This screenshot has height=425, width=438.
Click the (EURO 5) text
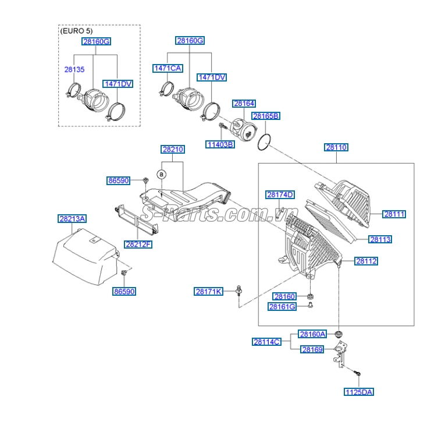(76, 30)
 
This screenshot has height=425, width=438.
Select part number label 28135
(74, 69)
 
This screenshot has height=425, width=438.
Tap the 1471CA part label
(168, 68)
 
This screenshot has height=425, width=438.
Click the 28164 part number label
(244, 104)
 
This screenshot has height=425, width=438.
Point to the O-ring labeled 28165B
(265, 141)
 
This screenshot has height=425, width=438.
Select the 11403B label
(220, 144)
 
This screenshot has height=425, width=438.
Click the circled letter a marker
(162, 173)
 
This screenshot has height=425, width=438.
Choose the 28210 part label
(173, 150)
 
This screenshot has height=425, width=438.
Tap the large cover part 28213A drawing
(84, 256)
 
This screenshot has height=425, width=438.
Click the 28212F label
(138, 244)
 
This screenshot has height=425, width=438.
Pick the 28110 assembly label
(336, 147)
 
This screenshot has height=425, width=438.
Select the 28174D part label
(280, 194)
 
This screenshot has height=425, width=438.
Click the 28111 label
(394, 214)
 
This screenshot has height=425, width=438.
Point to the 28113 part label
(380, 239)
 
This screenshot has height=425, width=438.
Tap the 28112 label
(366, 261)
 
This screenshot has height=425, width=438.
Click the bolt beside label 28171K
(239, 291)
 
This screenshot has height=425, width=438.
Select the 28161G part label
(282, 306)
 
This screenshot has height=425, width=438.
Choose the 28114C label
(267, 342)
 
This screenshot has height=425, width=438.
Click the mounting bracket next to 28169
(339, 355)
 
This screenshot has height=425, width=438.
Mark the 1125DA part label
(358, 392)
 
